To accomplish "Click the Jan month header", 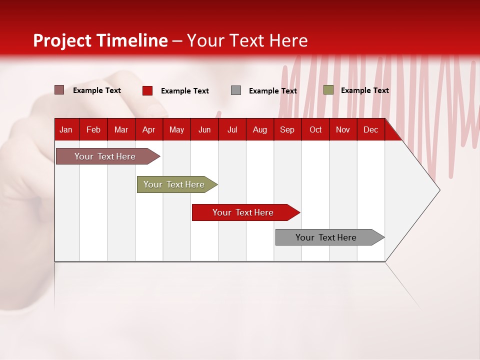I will (x=66, y=129).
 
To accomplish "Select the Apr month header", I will (x=148, y=129).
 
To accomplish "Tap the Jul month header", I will (x=232, y=129).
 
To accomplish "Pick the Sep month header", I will (x=287, y=129).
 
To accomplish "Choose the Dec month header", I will (x=370, y=129).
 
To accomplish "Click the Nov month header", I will (x=342, y=129).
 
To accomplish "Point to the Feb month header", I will (x=93, y=129).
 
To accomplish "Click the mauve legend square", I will (x=59, y=90).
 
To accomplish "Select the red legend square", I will (x=147, y=90).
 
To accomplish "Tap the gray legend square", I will (x=236, y=90).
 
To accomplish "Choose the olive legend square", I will (x=328, y=90).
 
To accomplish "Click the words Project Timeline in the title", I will (x=100, y=40).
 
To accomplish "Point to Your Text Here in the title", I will (x=247, y=40).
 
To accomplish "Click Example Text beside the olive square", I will (x=364, y=90).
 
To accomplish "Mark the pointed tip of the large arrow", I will (x=439, y=190).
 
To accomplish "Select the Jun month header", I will (x=204, y=129).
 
